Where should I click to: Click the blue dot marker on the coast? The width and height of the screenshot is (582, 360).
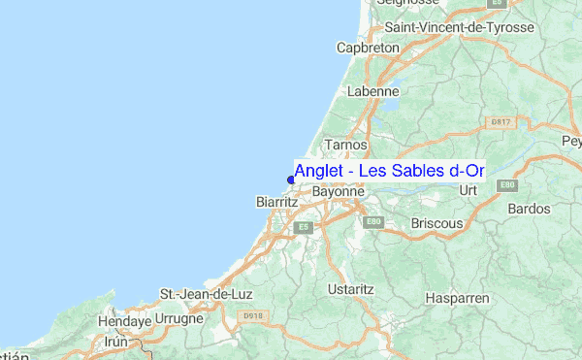(x=291, y=178)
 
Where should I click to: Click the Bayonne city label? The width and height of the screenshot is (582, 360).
(x=338, y=192)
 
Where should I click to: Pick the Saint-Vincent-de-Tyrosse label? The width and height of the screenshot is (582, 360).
(x=472, y=27)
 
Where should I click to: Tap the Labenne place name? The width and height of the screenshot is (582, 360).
(x=372, y=91)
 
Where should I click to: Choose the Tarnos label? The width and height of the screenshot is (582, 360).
(x=346, y=145)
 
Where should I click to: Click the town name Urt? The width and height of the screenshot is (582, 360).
(x=470, y=190)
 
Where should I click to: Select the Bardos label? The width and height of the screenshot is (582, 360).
(x=529, y=209)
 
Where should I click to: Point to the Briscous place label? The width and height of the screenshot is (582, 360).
(x=436, y=223)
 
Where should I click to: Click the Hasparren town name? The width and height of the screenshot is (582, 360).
(x=458, y=298)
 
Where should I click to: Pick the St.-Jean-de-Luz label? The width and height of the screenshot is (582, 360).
(x=200, y=294)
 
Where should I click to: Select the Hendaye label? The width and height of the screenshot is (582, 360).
(x=124, y=320)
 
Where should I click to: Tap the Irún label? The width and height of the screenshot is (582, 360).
(x=116, y=343)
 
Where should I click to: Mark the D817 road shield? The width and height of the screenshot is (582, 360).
(x=501, y=122)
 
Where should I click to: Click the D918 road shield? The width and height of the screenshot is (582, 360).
(x=254, y=315)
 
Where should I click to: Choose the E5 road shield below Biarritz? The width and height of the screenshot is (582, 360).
(x=304, y=227)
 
